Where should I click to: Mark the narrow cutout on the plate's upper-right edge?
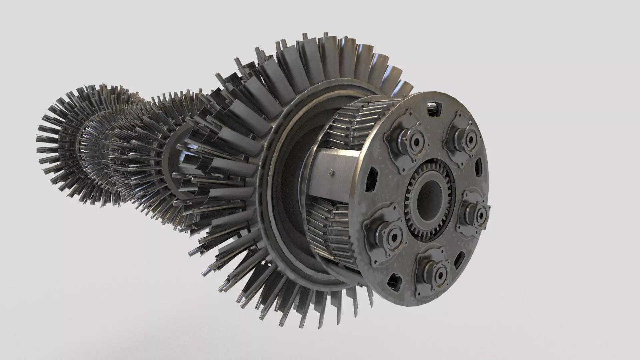(479, 167)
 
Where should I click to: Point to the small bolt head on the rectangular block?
(331, 172)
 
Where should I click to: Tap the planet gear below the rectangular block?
(333, 227)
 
